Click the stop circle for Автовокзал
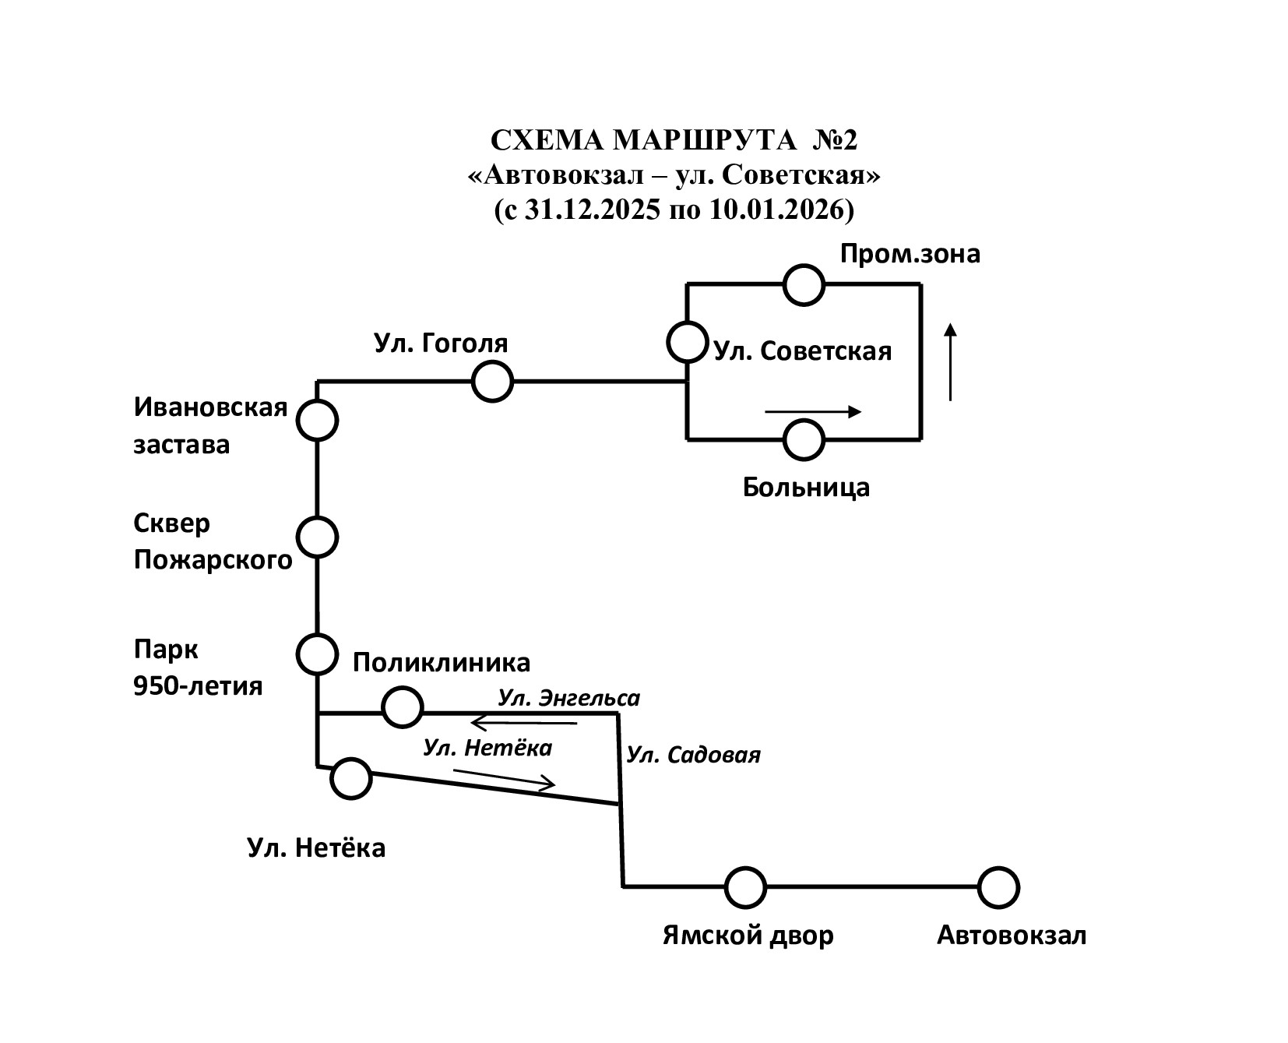998,887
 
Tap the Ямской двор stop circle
745,887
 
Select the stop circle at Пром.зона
804,284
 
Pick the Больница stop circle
804,439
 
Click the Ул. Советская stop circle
687,342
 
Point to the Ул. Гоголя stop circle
492,382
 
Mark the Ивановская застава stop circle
317,421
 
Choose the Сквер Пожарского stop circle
317,537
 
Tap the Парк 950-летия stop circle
317,654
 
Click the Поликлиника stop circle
402,707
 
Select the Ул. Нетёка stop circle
350,778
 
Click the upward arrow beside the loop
950,362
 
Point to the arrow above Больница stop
813,412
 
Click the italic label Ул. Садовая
693,755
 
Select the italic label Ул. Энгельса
568,698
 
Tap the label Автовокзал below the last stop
1011,935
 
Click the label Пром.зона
910,254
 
